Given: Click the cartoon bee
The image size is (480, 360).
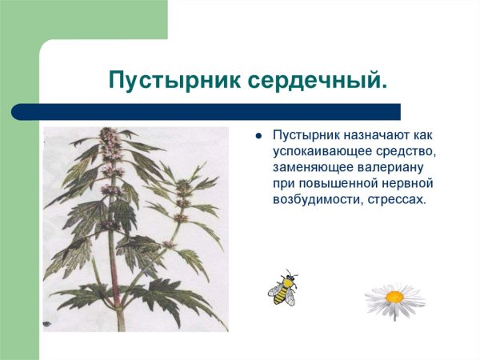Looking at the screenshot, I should (x=282, y=289).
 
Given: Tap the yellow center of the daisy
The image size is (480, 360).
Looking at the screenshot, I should (x=394, y=297).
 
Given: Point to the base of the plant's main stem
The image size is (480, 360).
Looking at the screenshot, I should (x=121, y=326).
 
